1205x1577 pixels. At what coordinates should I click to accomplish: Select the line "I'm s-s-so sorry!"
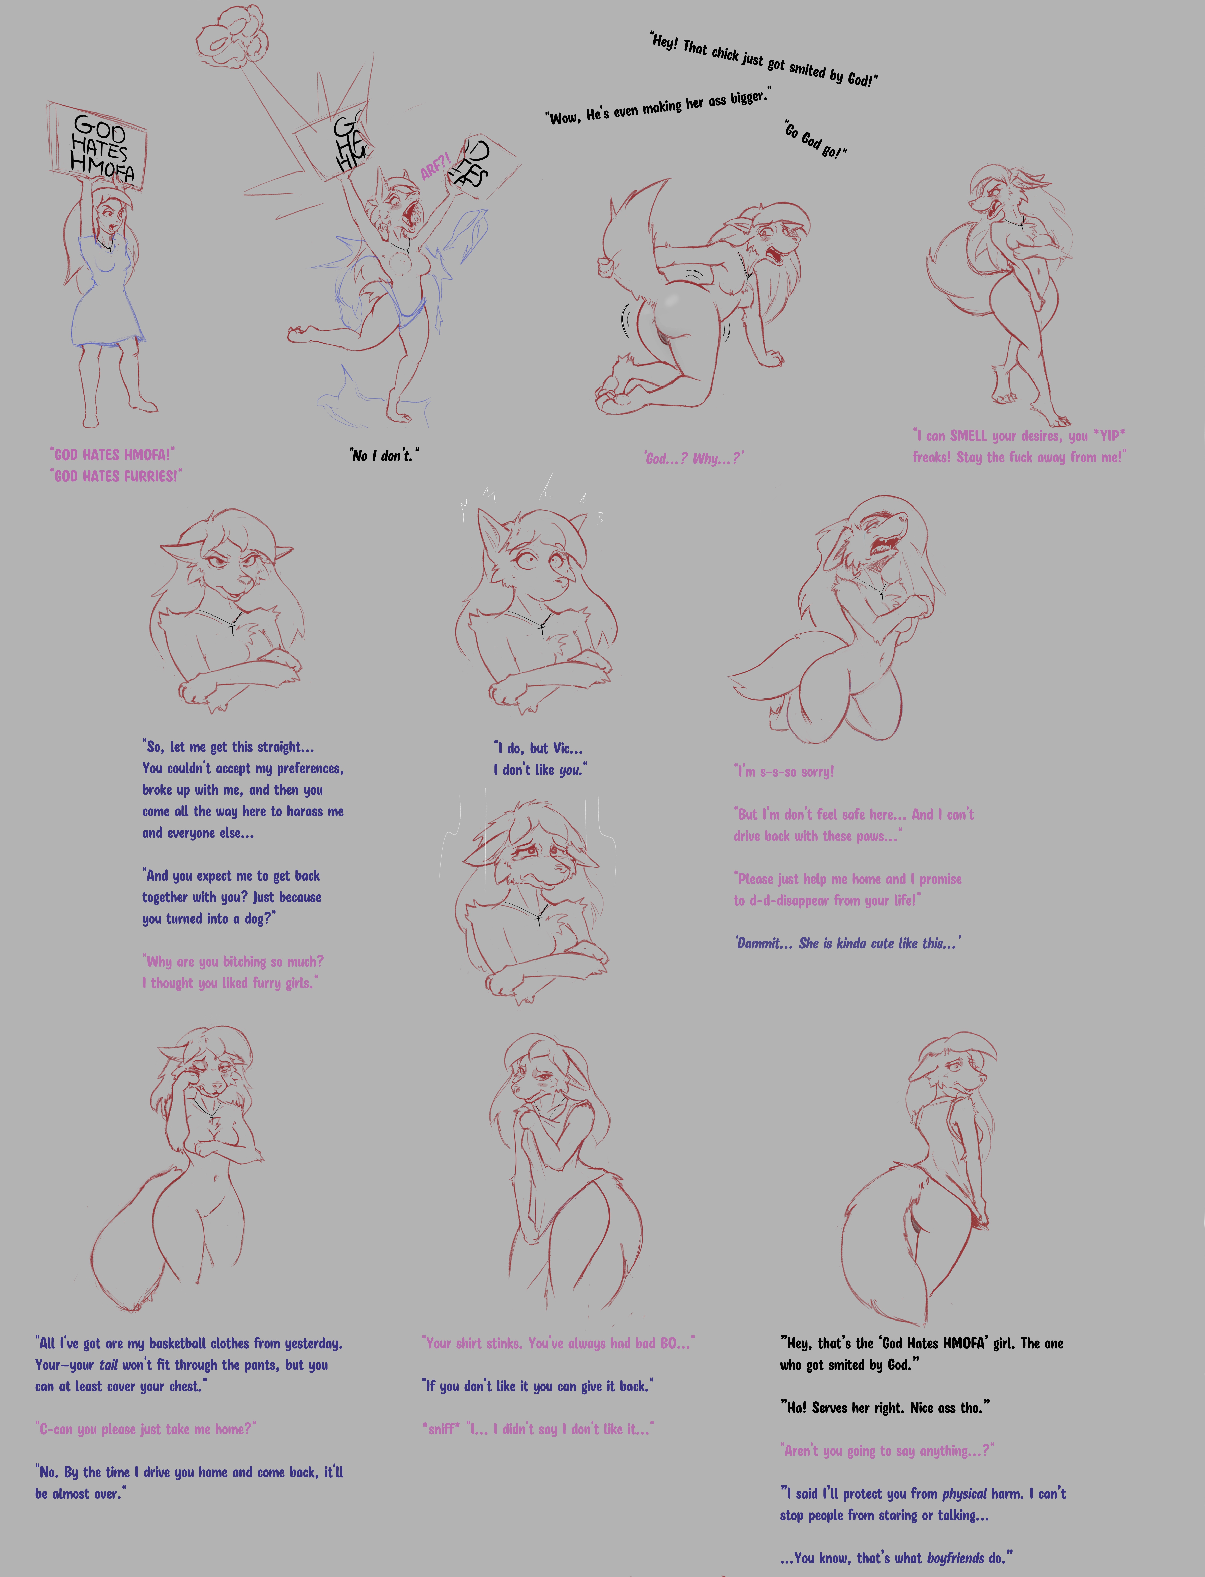pos(784,772)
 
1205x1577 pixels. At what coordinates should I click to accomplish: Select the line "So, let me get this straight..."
pos(228,747)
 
